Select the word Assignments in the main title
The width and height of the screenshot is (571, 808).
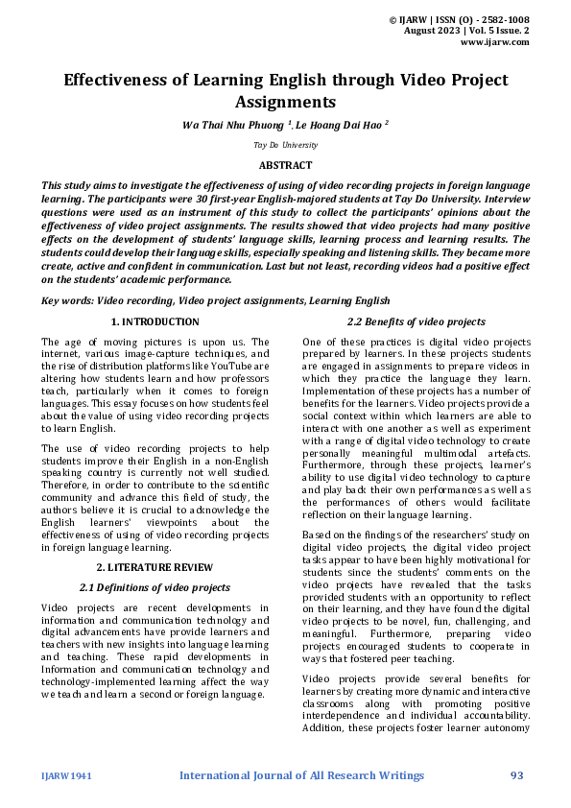pos(285,101)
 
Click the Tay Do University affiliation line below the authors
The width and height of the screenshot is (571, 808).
pos(285,145)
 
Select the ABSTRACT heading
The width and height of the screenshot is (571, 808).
pos(285,165)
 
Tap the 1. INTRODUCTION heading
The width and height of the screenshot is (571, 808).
pos(155,322)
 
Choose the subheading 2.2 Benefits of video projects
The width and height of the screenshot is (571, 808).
pos(416,322)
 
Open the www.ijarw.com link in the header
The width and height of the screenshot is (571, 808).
pos(495,42)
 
